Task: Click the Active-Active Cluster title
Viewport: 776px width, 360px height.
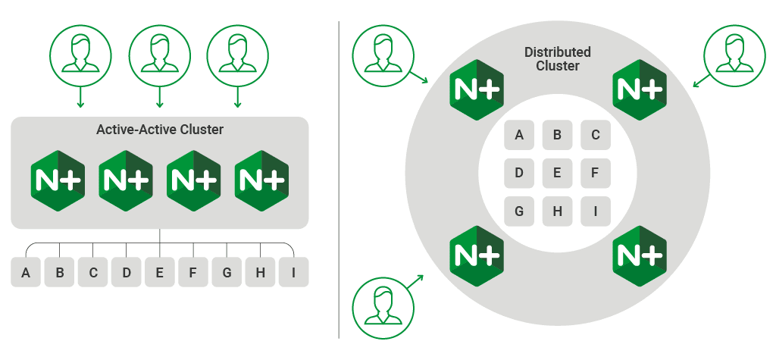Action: click(x=160, y=130)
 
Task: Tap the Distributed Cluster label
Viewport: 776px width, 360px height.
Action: click(x=557, y=59)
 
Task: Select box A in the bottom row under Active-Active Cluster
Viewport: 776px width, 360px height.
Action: click(x=26, y=273)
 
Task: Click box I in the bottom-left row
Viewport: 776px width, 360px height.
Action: click(x=293, y=273)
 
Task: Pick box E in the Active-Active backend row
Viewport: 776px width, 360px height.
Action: click(x=160, y=273)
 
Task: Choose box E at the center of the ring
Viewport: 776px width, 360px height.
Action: click(x=557, y=173)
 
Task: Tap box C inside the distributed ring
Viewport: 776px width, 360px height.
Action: click(x=596, y=135)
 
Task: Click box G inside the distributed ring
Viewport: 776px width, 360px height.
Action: click(x=519, y=211)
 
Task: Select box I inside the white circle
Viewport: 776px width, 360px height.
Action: click(x=596, y=211)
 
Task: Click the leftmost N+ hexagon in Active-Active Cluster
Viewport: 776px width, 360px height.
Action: click(x=58, y=180)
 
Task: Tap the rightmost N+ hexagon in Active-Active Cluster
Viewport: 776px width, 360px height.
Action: click(x=261, y=180)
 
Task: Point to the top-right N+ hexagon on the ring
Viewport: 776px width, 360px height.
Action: click(x=640, y=89)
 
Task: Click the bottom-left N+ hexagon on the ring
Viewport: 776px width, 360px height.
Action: click(x=476, y=255)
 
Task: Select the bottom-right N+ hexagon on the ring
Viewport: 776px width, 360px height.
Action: click(x=640, y=255)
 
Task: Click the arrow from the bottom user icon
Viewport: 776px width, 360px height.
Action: click(x=415, y=282)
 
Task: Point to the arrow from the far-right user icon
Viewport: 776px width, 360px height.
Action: click(x=702, y=80)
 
